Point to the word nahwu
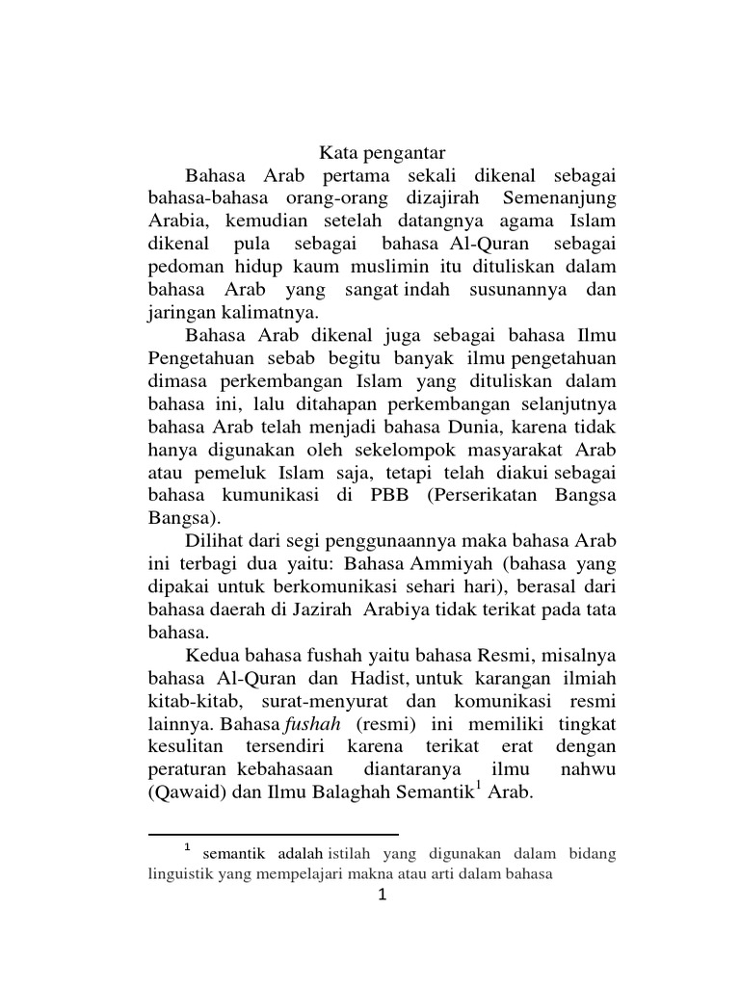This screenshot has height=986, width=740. coord(587,771)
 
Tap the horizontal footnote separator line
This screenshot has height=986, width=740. coord(274,835)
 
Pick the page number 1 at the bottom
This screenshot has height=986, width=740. coord(383,897)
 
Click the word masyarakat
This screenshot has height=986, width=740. coord(517,450)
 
